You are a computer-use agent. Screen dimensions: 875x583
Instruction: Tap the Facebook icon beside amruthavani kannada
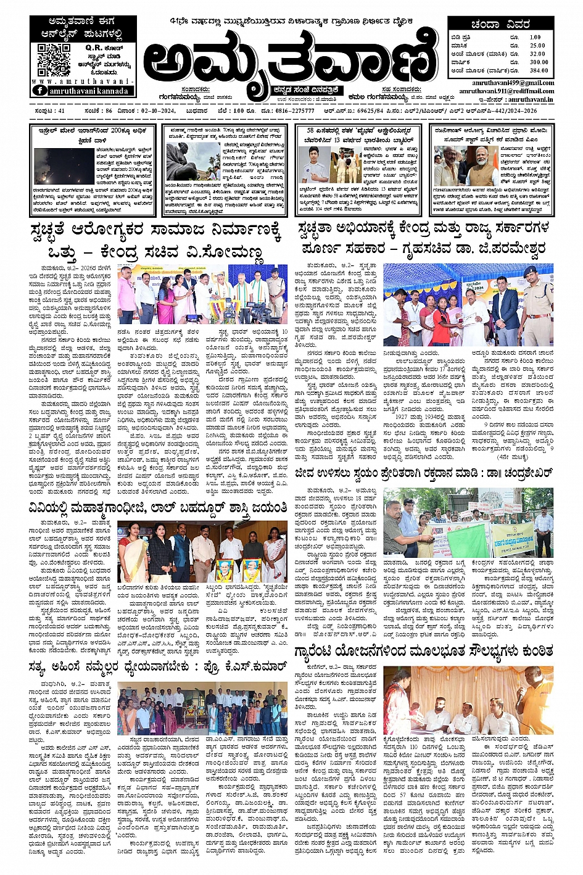click(40, 91)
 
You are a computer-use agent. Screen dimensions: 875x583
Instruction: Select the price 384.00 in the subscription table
click(538, 70)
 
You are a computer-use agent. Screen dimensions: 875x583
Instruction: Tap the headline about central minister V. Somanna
click(157, 244)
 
